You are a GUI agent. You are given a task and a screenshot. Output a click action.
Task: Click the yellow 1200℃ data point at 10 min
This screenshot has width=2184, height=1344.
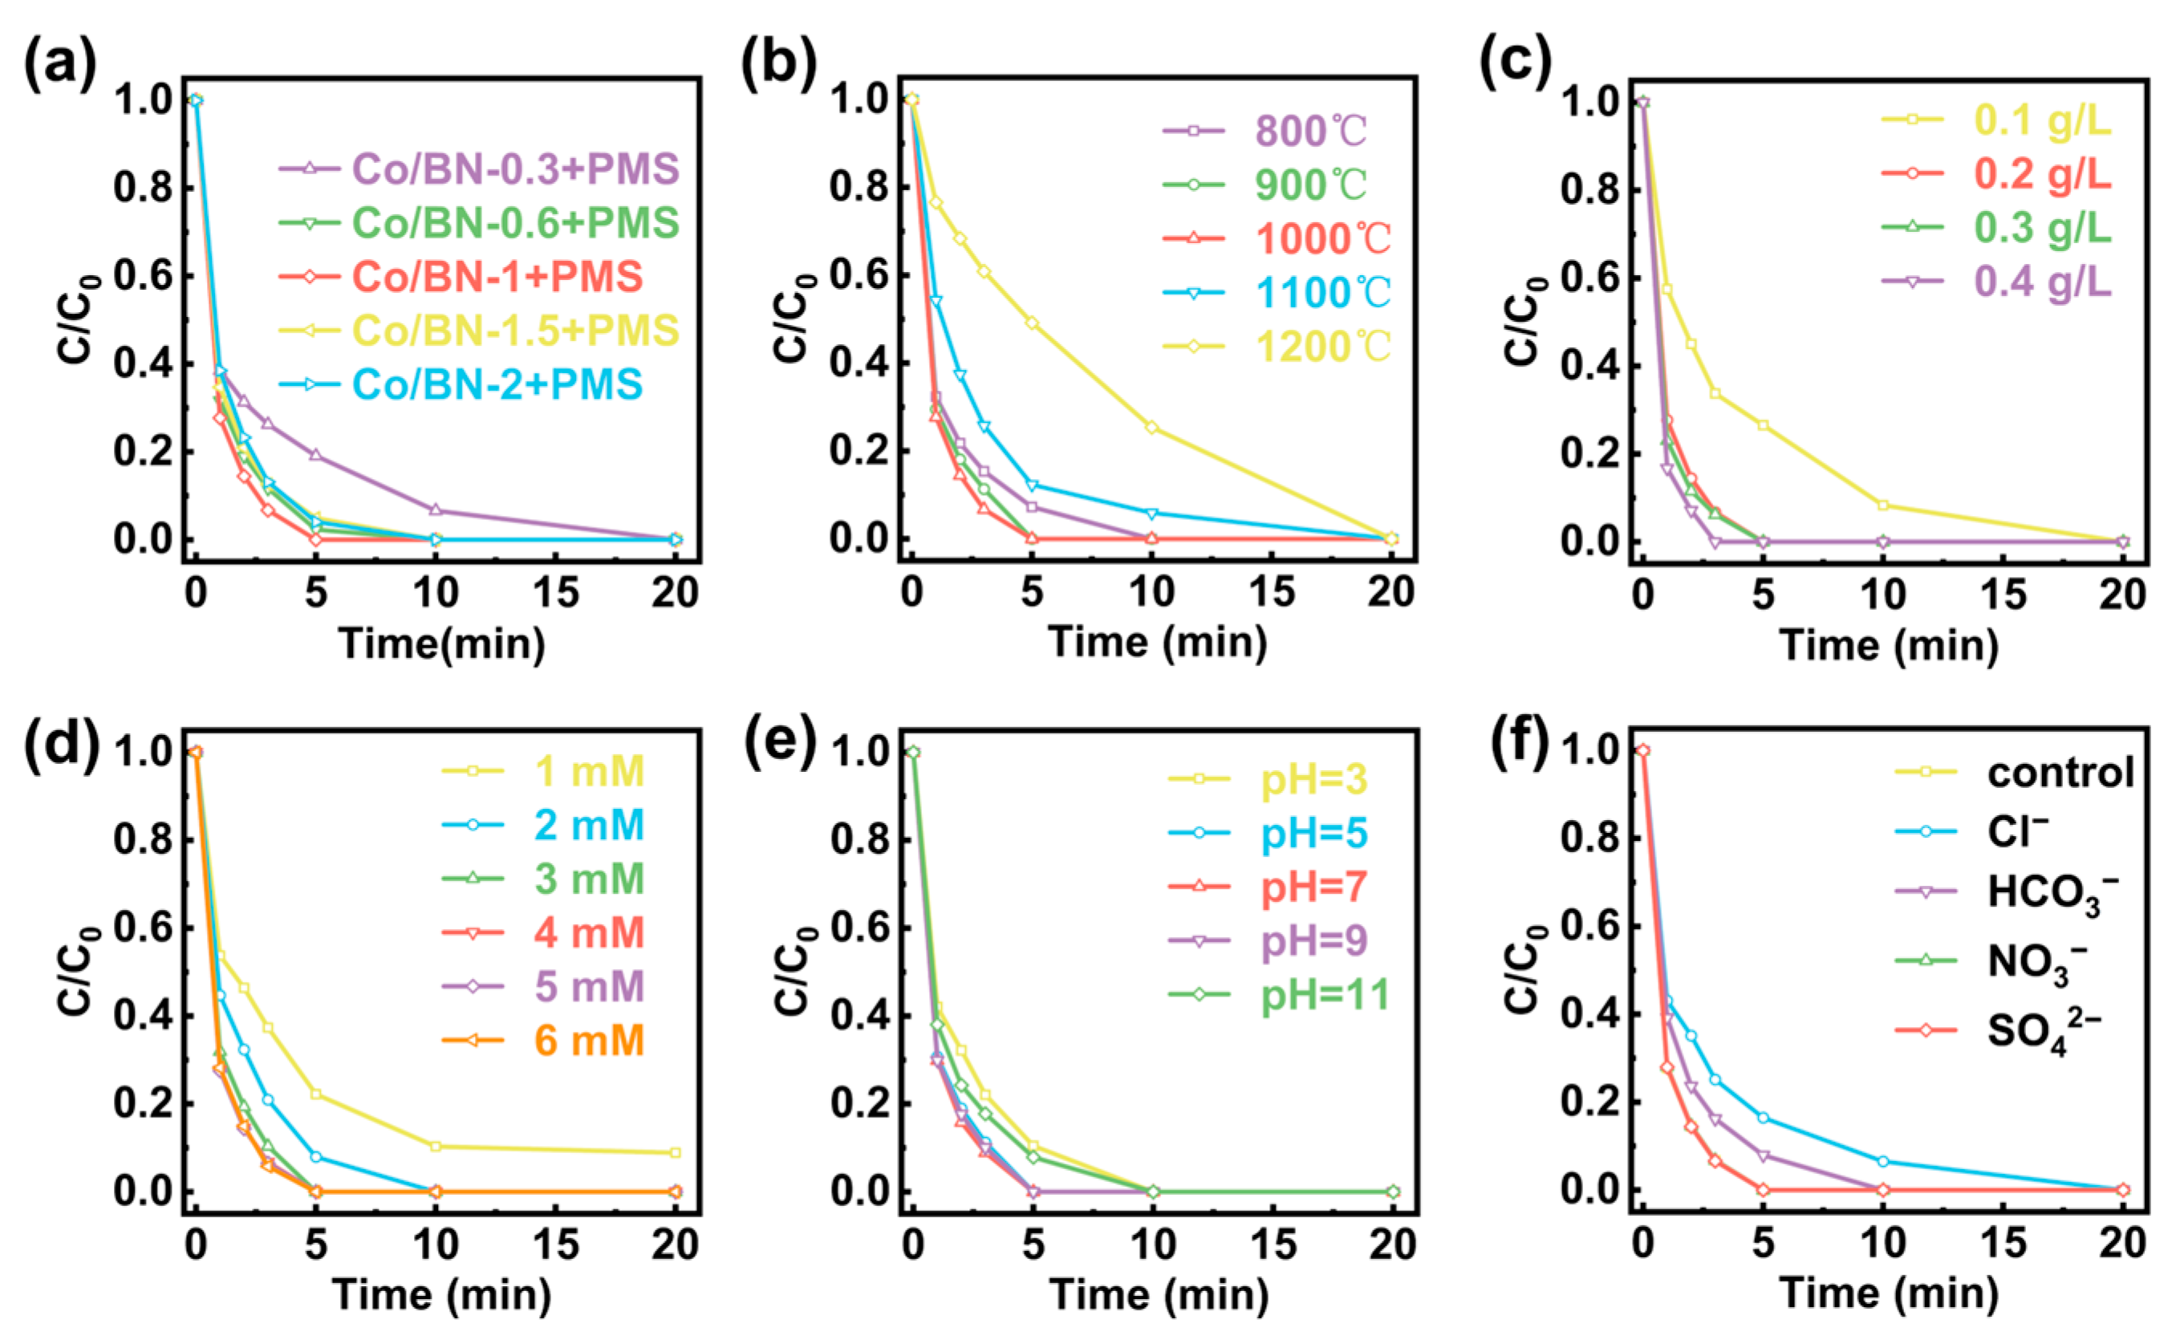tap(1152, 428)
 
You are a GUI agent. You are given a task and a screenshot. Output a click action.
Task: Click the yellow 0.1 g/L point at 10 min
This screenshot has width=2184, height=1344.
tap(1882, 506)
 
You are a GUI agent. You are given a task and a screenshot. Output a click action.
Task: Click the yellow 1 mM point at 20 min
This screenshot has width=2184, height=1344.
tap(676, 1153)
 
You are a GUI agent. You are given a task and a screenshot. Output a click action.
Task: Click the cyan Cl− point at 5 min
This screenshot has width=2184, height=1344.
tap(1764, 1118)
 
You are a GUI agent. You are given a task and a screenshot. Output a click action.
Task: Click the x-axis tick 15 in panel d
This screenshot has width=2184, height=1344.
tap(555, 1245)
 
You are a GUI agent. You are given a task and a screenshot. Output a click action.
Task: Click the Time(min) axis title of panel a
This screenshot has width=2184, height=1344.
tap(442, 643)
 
